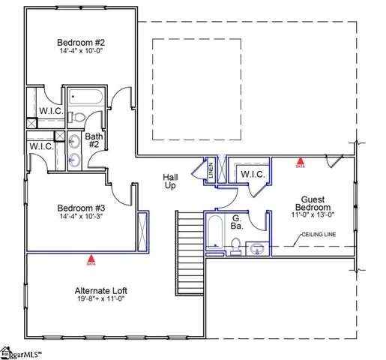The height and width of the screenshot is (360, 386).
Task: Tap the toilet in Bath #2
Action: tap(76, 117)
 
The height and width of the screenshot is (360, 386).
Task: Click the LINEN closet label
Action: tap(211, 170)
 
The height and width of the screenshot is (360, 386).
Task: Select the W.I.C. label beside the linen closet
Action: tap(252, 174)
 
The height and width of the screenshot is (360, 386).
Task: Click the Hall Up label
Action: tap(170, 182)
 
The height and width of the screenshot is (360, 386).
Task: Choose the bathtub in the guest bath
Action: tap(213, 232)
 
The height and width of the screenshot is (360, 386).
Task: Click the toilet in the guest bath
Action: tap(235, 245)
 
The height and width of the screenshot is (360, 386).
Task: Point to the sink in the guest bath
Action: tap(257, 247)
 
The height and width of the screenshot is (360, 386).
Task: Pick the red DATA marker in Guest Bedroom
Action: tap(301, 160)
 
